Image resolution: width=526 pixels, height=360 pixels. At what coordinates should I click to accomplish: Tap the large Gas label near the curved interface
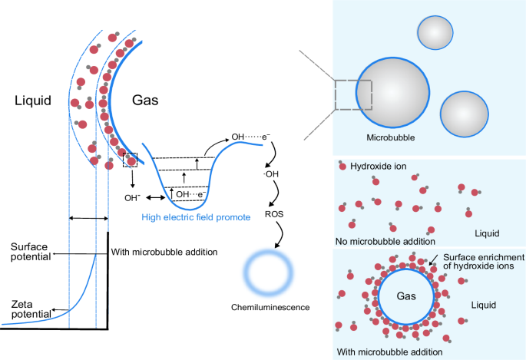147,101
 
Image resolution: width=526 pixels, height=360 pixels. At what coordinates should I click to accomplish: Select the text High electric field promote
196,217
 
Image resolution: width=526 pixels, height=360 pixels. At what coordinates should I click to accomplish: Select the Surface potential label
30,251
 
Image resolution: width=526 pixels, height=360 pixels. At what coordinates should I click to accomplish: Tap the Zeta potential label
25,309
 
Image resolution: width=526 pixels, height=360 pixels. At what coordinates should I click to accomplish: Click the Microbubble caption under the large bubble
391,139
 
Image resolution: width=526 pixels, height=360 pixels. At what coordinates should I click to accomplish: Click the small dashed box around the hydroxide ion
130,160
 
